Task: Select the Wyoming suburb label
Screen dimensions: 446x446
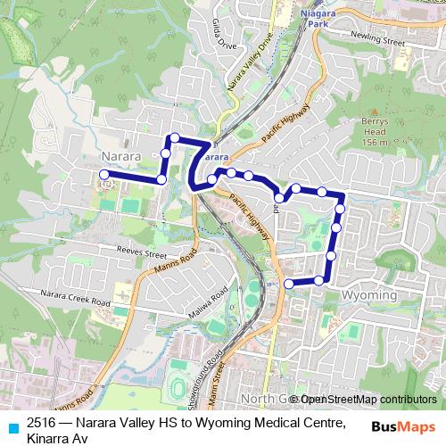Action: (x=369, y=294)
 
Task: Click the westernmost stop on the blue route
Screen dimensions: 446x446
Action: (x=104, y=175)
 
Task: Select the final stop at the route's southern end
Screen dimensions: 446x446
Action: (x=288, y=284)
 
